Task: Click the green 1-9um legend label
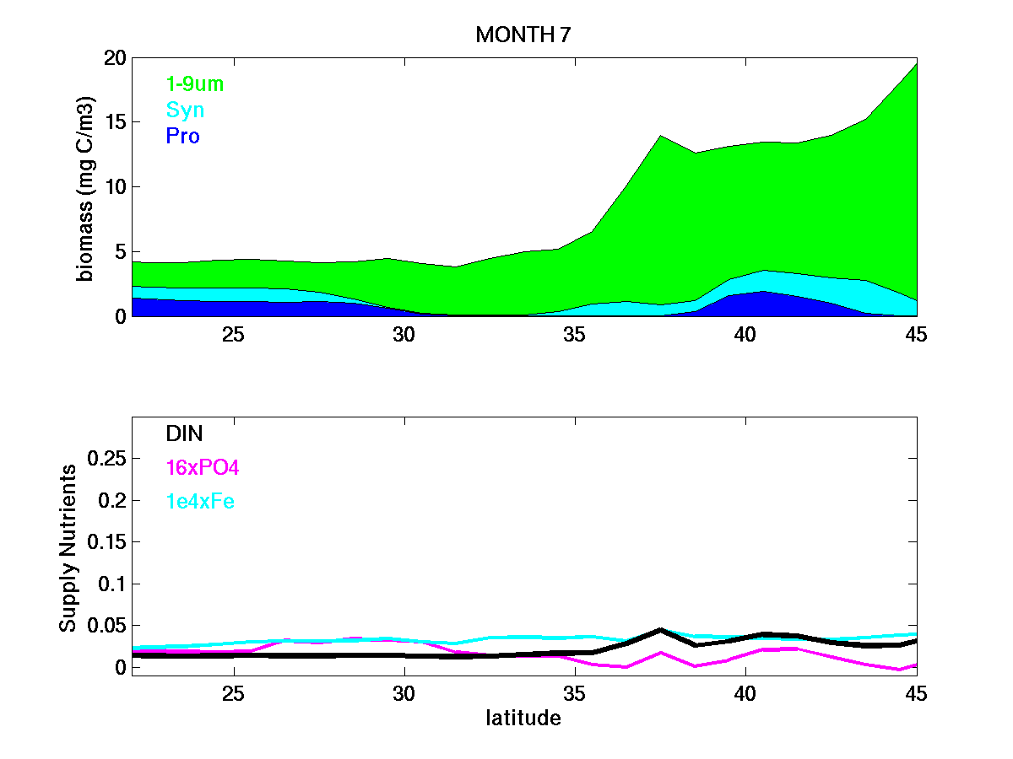click(x=195, y=84)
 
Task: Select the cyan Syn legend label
click(x=185, y=110)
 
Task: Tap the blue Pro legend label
click(x=183, y=136)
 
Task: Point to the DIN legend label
click(x=184, y=433)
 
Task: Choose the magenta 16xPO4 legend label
click(x=203, y=467)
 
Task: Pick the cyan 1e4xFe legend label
click(x=200, y=502)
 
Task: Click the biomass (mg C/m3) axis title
click(x=86, y=187)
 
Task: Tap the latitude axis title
click(x=523, y=719)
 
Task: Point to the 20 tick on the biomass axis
click(x=116, y=58)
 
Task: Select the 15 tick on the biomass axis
click(x=116, y=122)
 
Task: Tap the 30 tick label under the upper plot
click(x=404, y=334)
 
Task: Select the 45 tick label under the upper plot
click(x=916, y=334)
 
